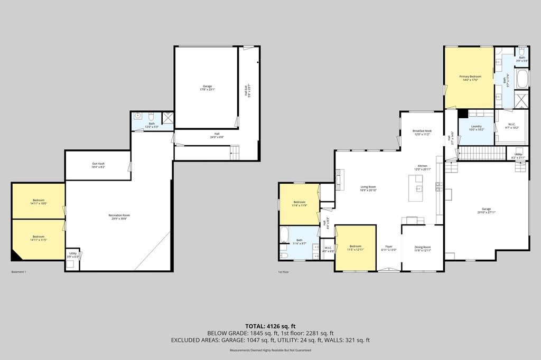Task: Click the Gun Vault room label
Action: [x=98, y=164]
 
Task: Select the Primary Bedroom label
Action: [x=469, y=77]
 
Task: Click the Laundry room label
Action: [x=476, y=126]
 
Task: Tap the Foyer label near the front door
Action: [x=388, y=247]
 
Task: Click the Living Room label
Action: [x=368, y=187]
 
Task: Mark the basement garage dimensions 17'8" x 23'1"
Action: [x=207, y=90]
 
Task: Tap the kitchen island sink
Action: [x=418, y=188]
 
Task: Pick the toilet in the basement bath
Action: [x=151, y=116]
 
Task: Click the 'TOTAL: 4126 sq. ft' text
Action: [x=270, y=325]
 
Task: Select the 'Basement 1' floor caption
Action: [x=18, y=272]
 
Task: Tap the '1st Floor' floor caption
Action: [x=284, y=272]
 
